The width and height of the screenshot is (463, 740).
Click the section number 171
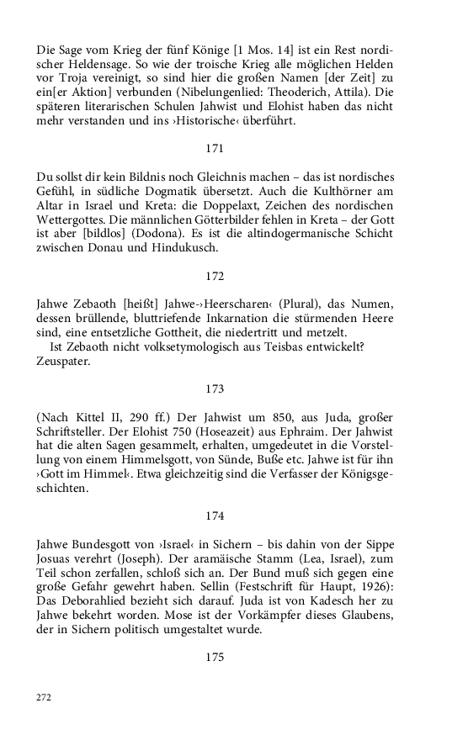215,148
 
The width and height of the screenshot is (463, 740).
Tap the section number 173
215,388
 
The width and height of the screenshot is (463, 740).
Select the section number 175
215,658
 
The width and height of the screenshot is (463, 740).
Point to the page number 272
44,697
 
